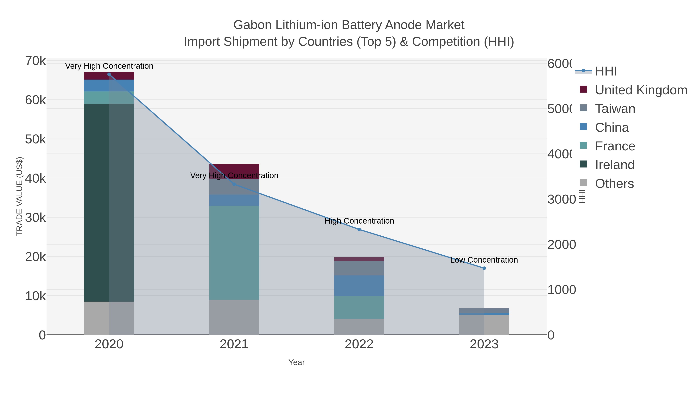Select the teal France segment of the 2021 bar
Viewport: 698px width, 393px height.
234,252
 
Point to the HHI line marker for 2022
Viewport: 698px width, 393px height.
359,229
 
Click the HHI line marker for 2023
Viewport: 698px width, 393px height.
484,268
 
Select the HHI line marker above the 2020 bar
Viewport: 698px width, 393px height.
109,74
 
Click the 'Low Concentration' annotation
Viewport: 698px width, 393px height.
484,260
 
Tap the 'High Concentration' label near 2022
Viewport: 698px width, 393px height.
359,221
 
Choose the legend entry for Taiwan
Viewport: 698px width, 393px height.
615,109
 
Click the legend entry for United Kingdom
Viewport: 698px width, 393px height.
641,90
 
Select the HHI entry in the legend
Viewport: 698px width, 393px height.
606,71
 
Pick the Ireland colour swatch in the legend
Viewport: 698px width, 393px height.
583,164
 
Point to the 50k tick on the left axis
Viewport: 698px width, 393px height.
35,139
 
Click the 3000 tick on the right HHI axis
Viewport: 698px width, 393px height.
561,199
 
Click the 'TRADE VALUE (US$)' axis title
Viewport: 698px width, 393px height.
20,196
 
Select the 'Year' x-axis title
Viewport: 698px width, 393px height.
296,362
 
